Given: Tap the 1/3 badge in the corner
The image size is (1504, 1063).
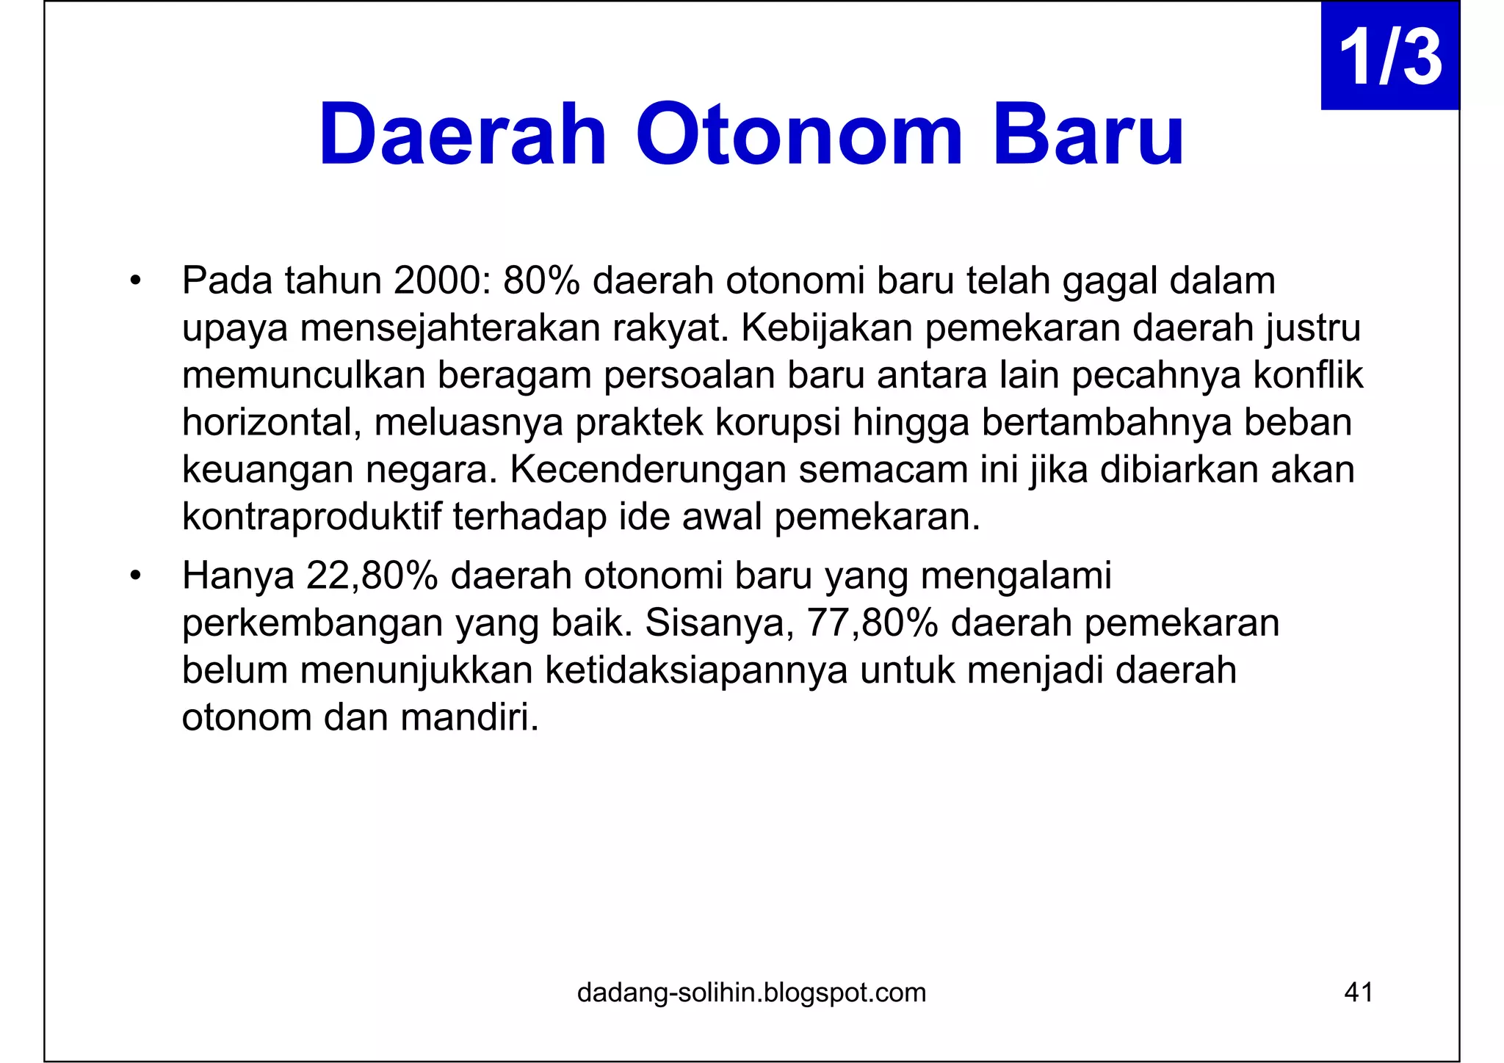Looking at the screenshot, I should pyautogui.click(x=1389, y=57).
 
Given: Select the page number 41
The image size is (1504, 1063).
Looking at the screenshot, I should pyautogui.click(x=1358, y=993).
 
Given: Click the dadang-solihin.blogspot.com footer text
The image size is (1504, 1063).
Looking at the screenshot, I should pyautogui.click(x=751, y=993).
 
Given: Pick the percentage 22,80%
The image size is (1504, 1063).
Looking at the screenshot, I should pyautogui.click(x=372, y=576).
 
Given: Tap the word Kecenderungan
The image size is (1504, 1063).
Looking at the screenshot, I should pyautogui.click(x=648, y=470).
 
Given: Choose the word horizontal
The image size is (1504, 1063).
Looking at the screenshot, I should pyautogui.click(x=271, y=423).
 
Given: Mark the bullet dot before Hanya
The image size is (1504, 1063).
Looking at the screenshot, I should pyautogui.click(x=134, y=576).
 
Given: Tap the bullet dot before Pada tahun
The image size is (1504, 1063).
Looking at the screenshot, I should pyautogui.click(x=134, y=281).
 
